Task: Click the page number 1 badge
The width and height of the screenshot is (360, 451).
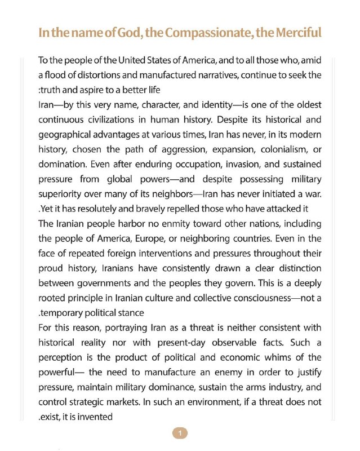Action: [180, 433]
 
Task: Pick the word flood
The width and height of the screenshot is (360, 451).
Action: [59, 75]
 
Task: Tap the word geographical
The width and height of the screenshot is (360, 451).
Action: [69, 135]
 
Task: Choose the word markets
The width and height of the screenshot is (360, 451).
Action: [121, 402]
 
